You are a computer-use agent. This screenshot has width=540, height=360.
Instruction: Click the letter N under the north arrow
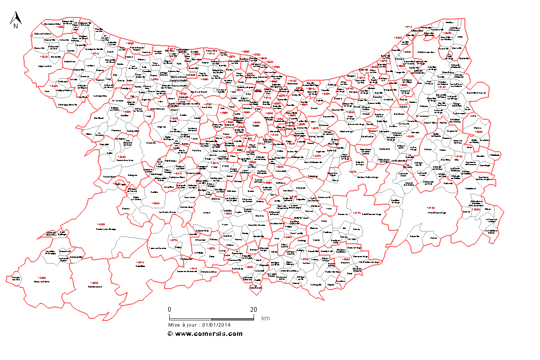click(16, 26)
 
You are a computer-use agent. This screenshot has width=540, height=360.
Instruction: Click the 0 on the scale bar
click(169, 309)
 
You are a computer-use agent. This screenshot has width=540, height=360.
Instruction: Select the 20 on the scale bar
click(254, 309)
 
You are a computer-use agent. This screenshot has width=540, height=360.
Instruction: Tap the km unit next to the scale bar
click(265, 319)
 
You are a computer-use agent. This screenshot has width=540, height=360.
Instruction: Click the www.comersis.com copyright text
click(205, 333)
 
